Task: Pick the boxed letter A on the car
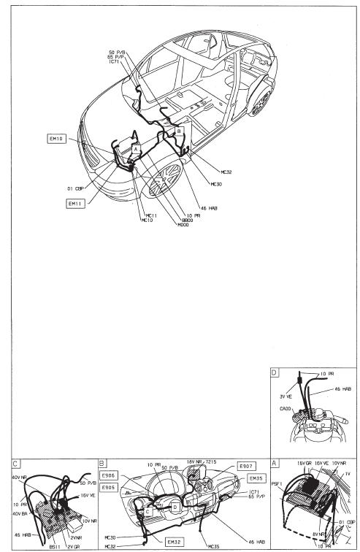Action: point(134,147)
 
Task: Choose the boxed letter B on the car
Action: point(179,132)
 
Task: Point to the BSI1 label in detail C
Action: point(53,544)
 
